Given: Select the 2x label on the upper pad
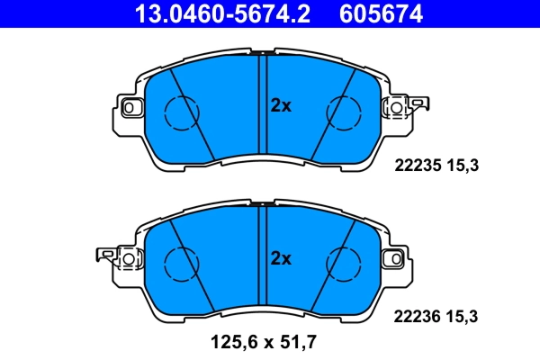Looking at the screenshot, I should pyautogui.click(x=282, y=105).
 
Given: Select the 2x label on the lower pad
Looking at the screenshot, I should pyautogui.click(x=282, y=258).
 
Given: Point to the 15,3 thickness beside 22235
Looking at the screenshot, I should pyautogui.click(x=464, y=165).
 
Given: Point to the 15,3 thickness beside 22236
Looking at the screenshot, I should pyautogui.click(x=464, y=316).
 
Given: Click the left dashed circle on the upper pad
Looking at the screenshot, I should pyautogui.click(x=179, y=111).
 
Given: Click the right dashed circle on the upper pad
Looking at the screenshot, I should pyautogui.click(x=341, y=111).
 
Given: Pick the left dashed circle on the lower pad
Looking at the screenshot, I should pyautogui.click(x=179, y=263).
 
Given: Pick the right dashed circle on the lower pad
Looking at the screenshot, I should pyautogui.click(x=341, y=263).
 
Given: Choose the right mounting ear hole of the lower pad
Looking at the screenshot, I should pyautogui.click(x=393, y=259).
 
